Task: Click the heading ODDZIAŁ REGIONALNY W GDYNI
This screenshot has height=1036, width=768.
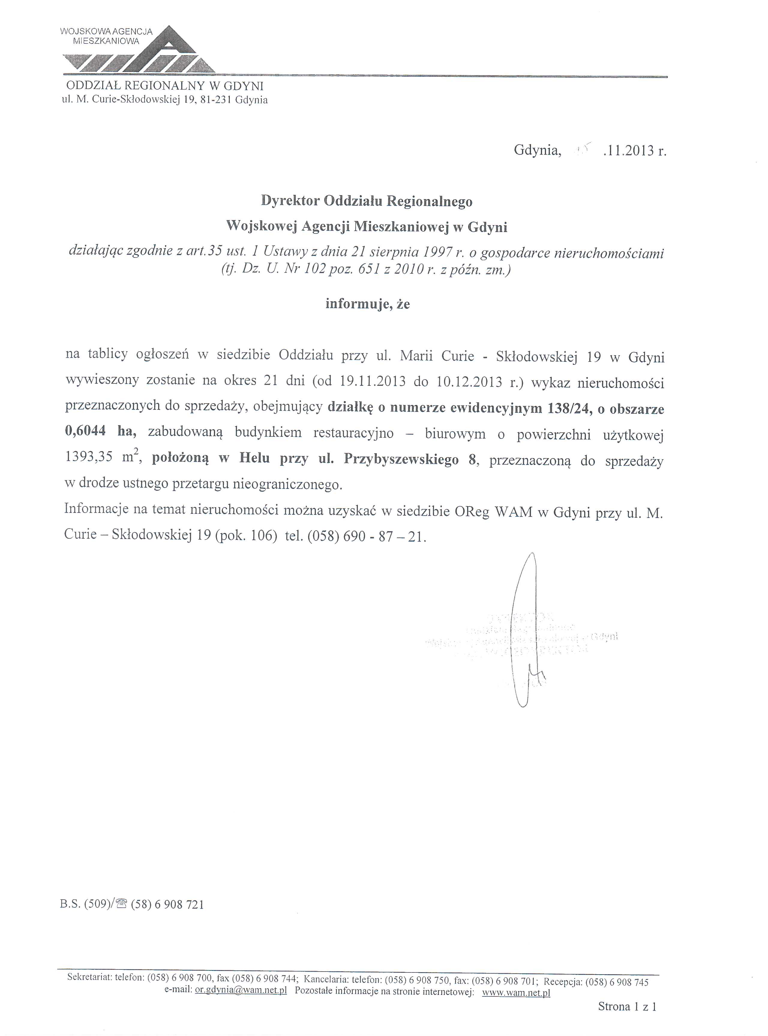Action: point(165,86)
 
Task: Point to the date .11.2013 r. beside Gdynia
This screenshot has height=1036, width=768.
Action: point(634,150)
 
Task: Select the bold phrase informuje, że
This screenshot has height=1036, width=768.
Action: point(367,304)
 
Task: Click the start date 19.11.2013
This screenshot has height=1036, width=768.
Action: point(373,382)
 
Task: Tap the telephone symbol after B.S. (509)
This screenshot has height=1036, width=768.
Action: point(122,904)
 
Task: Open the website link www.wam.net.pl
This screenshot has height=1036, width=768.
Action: point(516,991)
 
